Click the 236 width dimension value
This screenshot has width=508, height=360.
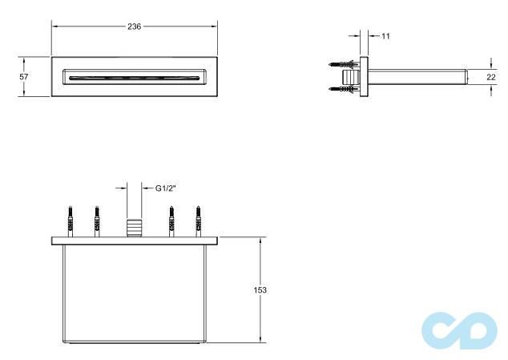134,26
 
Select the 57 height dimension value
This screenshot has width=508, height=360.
24,76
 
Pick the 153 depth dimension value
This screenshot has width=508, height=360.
260,289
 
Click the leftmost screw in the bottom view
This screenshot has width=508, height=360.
71,220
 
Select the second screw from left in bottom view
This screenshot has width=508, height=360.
95,220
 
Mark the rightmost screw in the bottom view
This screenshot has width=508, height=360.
196,220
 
